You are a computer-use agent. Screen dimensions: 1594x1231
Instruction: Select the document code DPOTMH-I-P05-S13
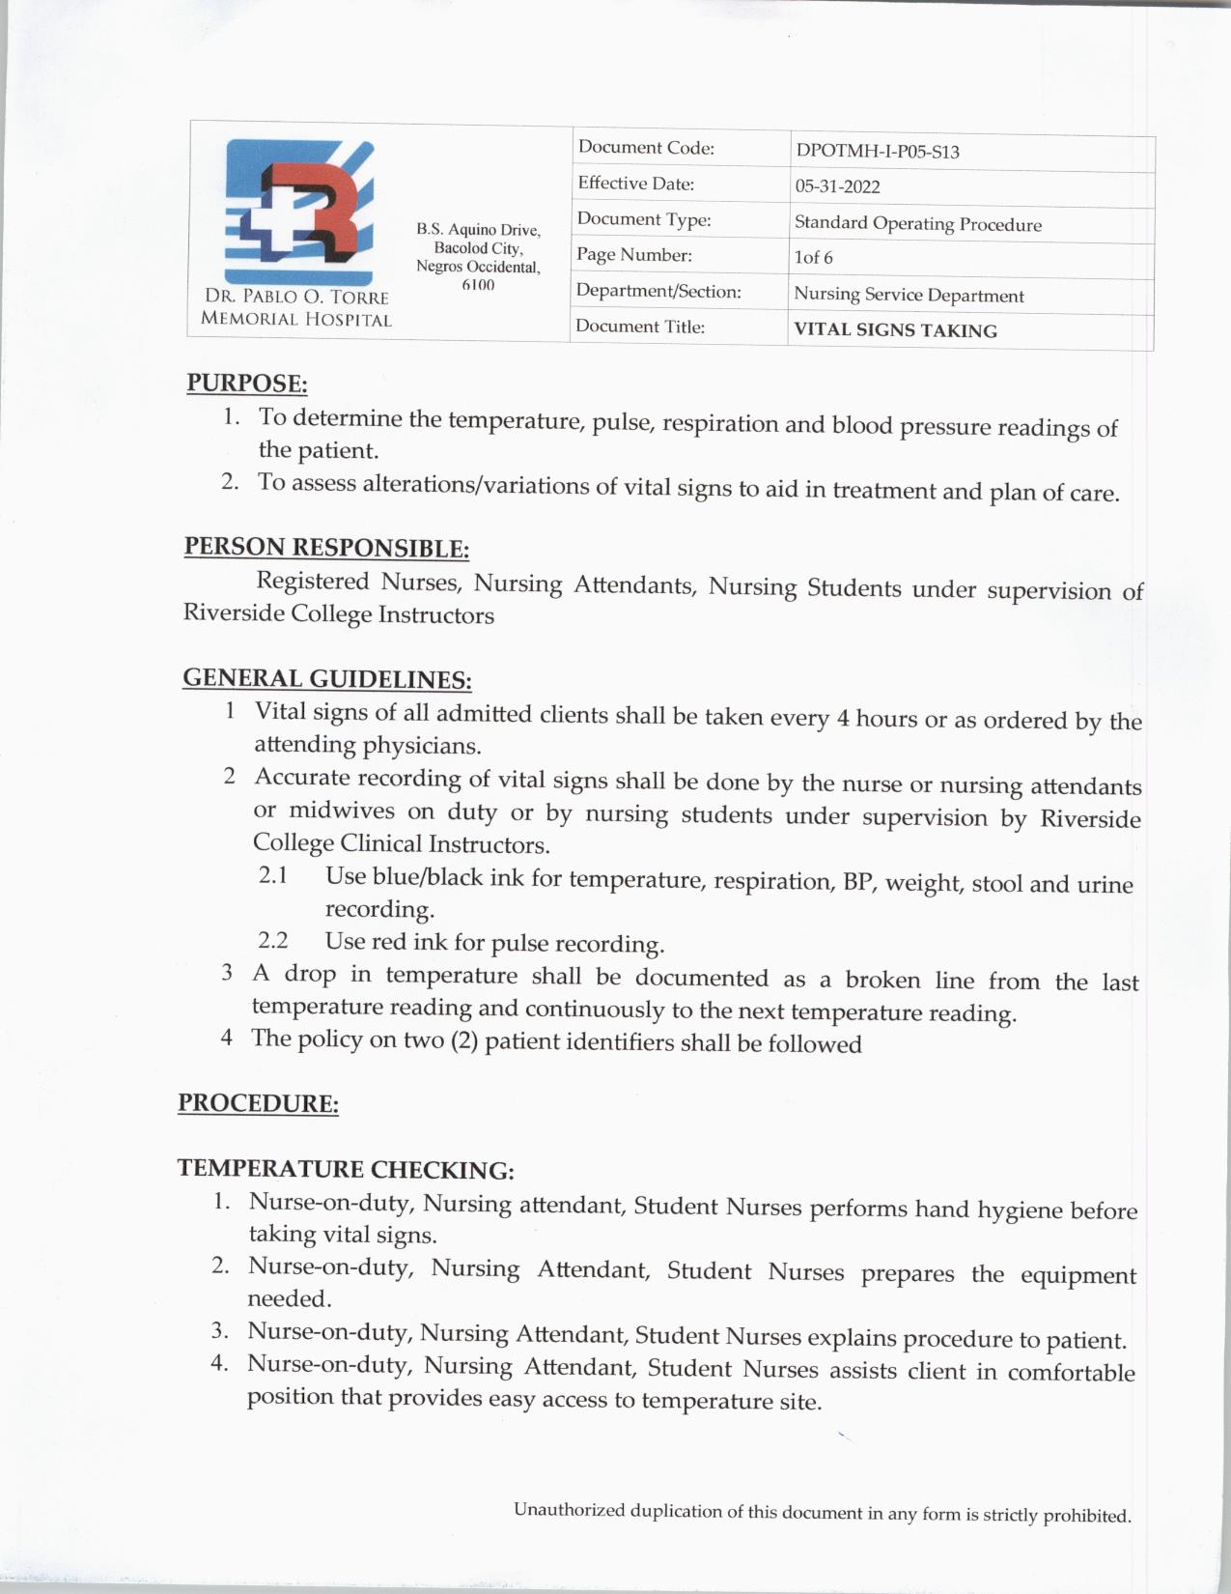(877, 152)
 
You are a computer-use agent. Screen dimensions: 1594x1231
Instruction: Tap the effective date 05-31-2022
(837, 186)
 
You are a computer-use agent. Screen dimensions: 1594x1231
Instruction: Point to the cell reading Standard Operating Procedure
(917, 224)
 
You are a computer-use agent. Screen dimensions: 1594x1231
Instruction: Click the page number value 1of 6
(813, 258)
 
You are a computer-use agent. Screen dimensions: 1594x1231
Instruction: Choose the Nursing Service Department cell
(908, 296)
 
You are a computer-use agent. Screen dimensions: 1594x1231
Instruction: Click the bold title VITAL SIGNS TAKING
(895, 330)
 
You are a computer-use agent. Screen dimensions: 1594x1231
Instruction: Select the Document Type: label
(644, 220)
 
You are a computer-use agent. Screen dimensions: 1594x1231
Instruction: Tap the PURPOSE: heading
(247, 384)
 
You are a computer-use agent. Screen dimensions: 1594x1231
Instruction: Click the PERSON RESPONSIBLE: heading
(326, 547)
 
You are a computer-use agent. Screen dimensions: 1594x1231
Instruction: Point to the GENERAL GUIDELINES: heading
(326, 678)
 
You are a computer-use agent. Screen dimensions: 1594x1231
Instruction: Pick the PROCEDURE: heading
(258, 1103)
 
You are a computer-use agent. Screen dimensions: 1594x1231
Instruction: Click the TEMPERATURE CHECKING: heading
(345, 1170)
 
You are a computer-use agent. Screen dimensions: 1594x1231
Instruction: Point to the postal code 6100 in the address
(478, 285)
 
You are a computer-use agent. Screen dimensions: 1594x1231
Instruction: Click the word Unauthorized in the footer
(569, 1509)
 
